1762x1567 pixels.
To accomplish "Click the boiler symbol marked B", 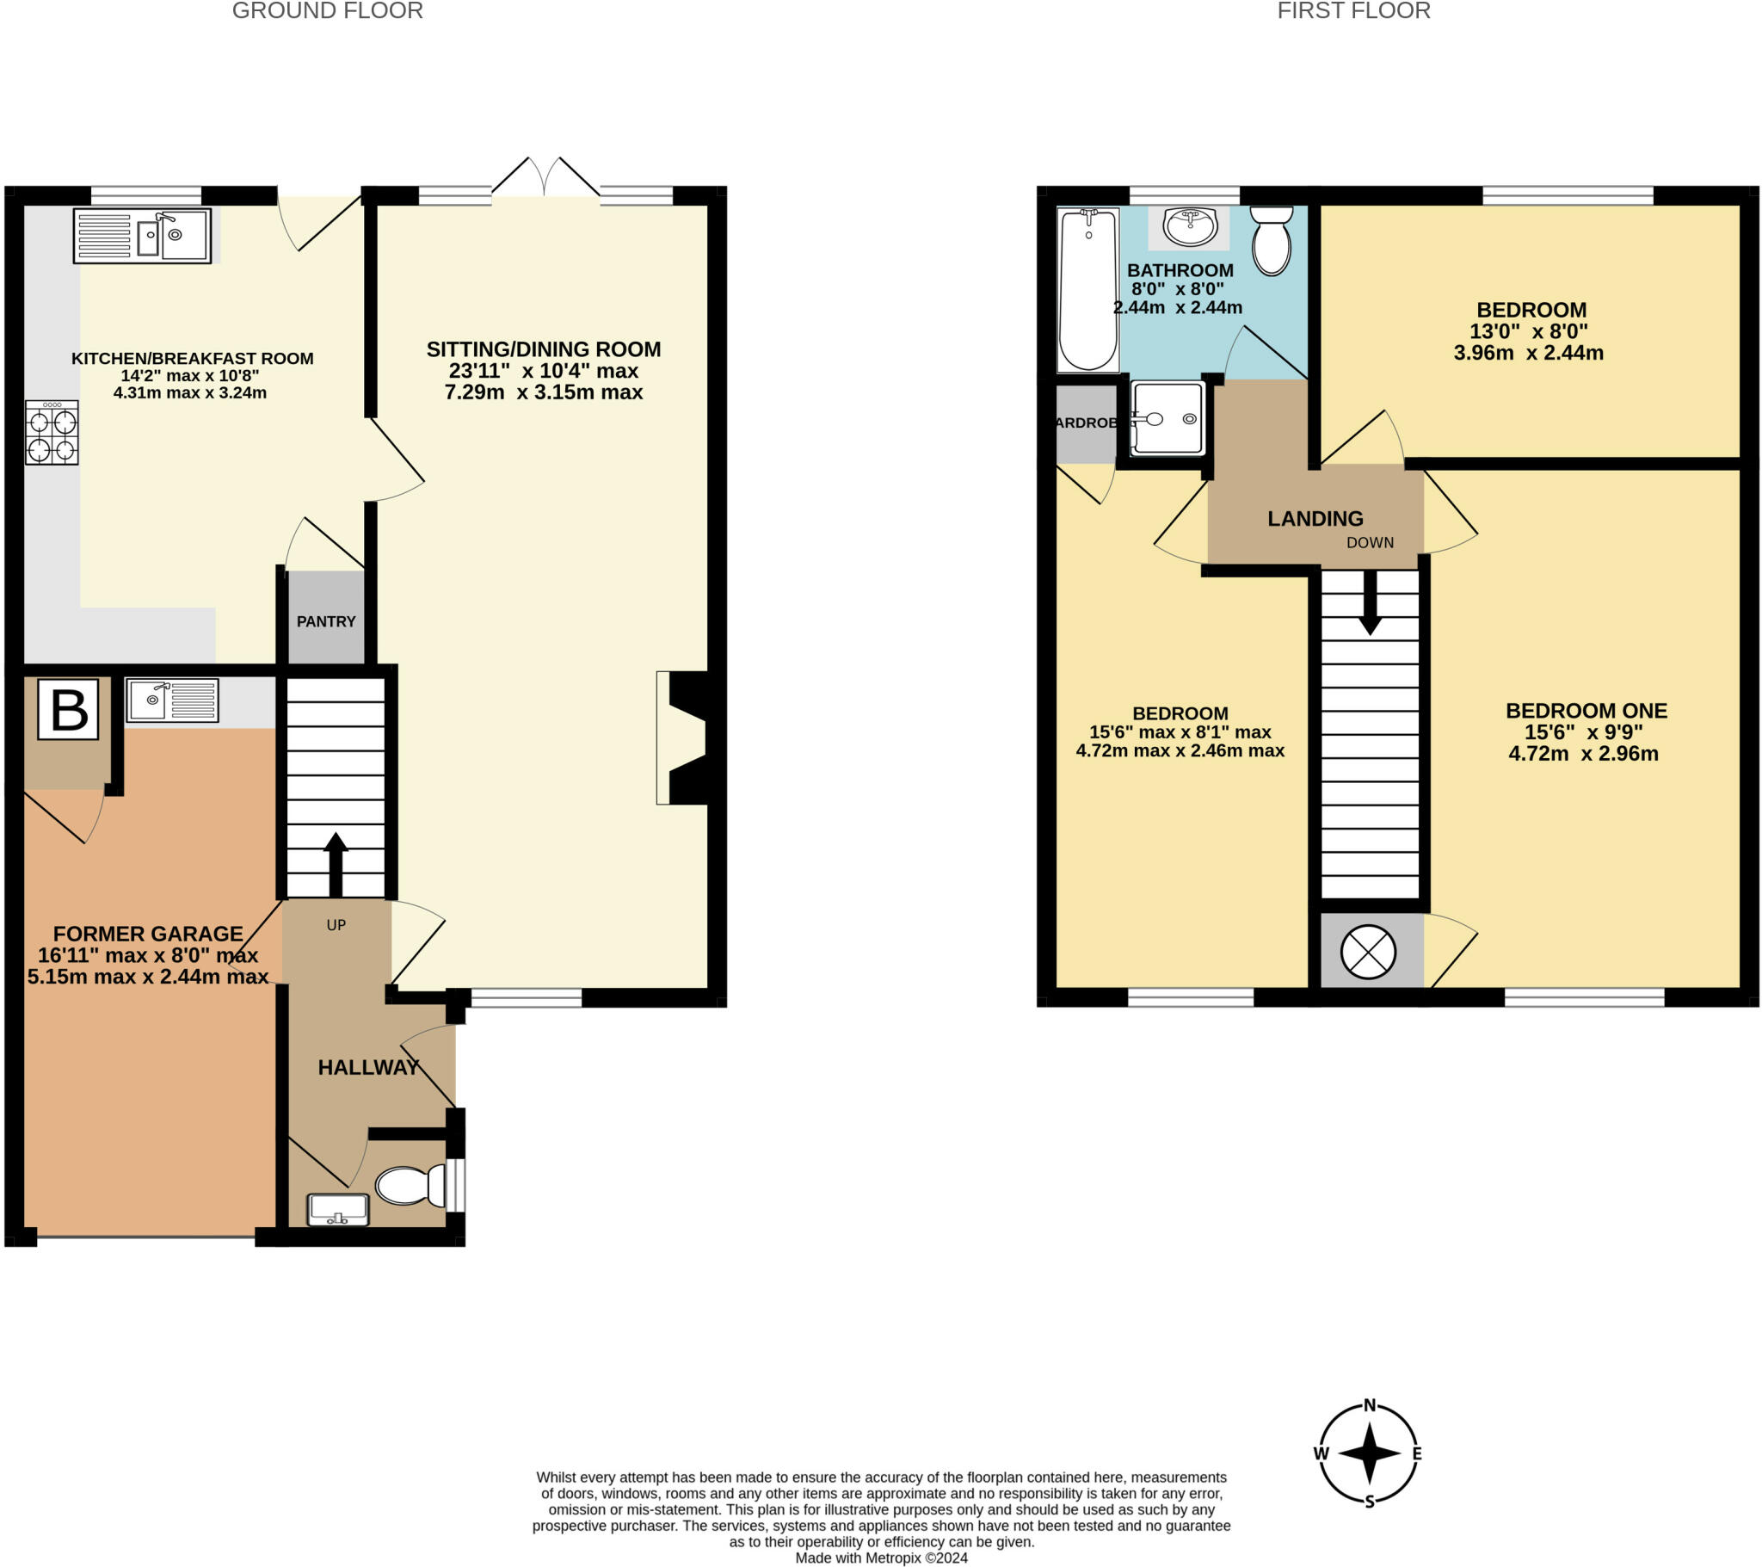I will point(68,710).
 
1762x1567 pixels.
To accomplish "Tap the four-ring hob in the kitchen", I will point(52,433).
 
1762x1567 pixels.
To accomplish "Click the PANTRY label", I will point(326,622).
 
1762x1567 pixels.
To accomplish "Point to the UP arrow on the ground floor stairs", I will point(336,863).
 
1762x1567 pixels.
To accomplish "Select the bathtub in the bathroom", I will point(1087,289).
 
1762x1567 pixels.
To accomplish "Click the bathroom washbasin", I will point(1190,226).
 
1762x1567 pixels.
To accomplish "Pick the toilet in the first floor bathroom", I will point(1272,241).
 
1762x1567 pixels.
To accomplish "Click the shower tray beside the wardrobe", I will point(1168,418).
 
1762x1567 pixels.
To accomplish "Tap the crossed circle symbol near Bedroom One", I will point(1368,952).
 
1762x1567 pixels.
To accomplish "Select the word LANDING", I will point(1315,518).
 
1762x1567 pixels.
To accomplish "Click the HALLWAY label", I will point(368,1068).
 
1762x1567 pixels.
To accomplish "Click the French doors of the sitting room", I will point(545,179).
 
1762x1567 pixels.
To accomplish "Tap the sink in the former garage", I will point(171,700).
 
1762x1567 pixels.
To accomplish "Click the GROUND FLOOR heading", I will point(328,11).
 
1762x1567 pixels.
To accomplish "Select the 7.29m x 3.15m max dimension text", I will point(543,392).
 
